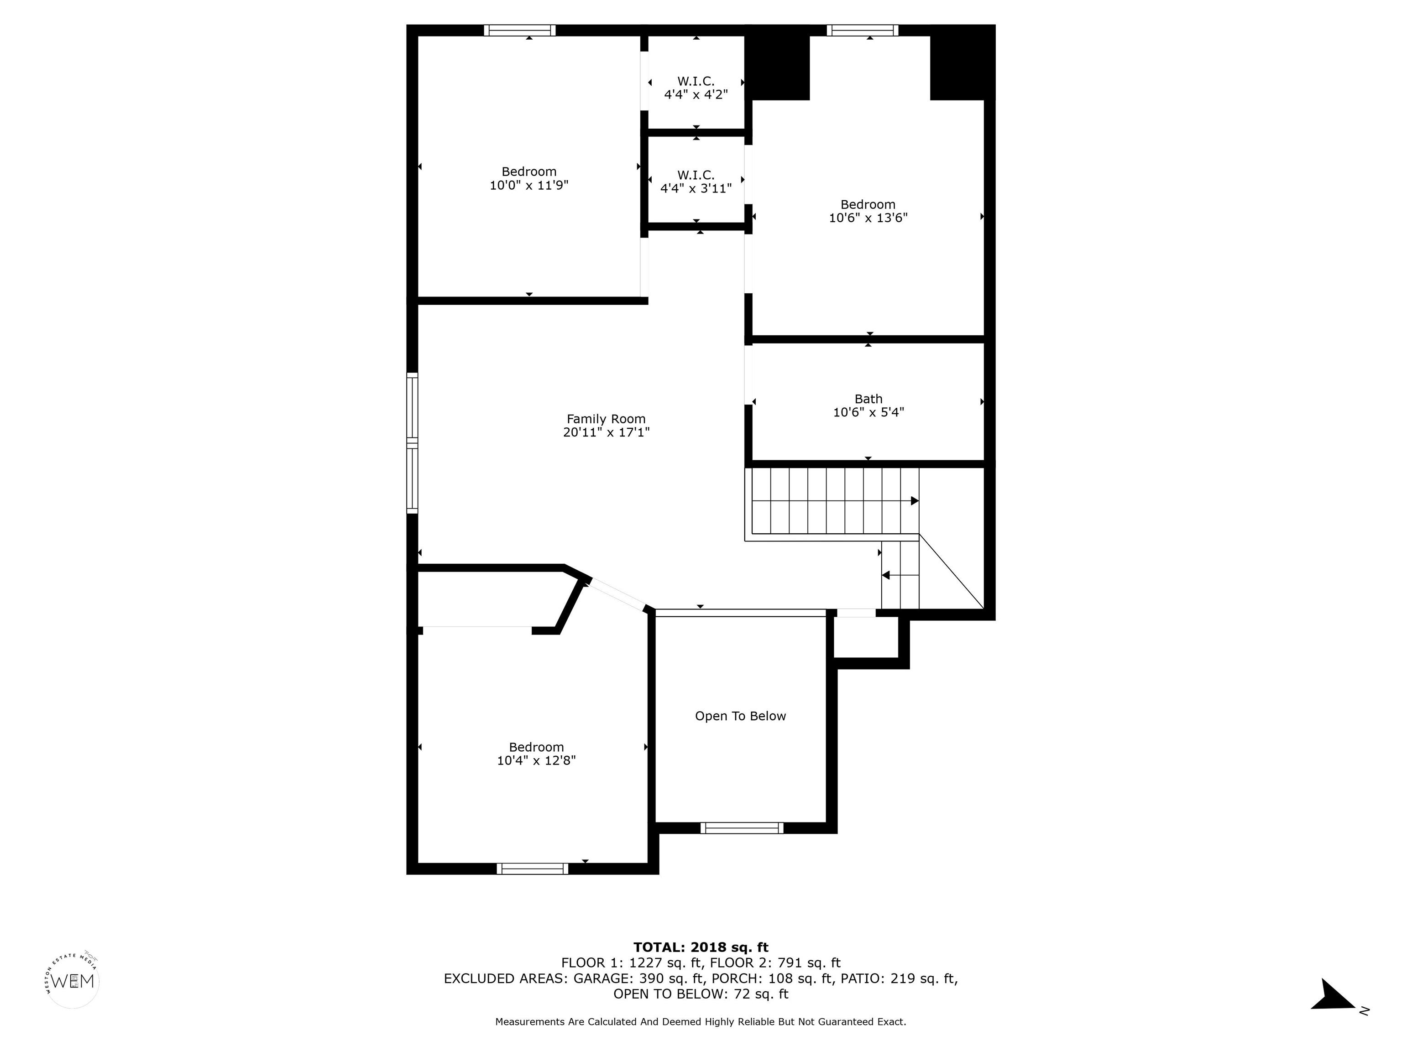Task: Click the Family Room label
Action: pos(606,419)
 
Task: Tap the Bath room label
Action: pos(868,399)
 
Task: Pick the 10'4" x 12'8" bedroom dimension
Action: pos(536,761)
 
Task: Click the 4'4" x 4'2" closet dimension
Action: pos(696,95)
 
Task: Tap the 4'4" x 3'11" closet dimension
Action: pos(696,188)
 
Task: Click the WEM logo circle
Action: pos(73,981)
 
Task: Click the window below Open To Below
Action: pos(742,827)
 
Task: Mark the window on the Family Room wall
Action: pos(412,443)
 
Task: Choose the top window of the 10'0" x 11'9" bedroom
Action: pos(520,30)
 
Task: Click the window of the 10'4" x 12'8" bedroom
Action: pos(533,869)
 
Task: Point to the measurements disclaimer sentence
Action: pos(701,1022)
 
